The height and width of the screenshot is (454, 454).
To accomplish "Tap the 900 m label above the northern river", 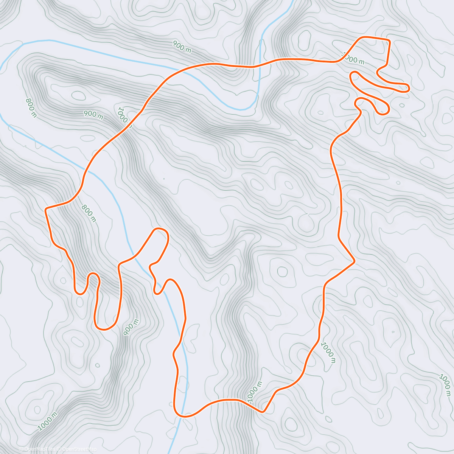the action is pos(182,47).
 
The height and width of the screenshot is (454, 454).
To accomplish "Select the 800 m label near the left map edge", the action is pos(31,107).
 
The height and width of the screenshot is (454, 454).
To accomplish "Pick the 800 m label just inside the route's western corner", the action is pos(88,213).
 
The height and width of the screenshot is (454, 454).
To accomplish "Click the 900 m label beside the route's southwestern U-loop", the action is pos(131,327).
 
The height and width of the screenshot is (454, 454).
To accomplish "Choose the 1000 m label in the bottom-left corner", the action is pos(47,421).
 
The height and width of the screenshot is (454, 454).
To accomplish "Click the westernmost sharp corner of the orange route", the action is pos(46,209).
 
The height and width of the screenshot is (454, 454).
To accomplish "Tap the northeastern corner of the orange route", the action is pos(389,40).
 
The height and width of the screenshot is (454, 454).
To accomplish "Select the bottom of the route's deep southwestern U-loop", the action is pos(104,328).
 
